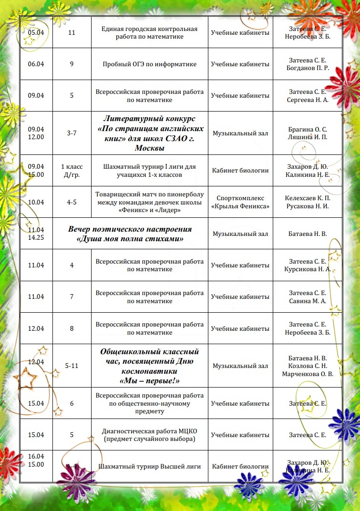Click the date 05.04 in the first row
[36, 32]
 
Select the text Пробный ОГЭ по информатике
[150, 64]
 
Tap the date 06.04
[36, 64]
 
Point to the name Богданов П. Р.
[308, 68]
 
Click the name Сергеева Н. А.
[308, 100]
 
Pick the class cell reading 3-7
[72, 133]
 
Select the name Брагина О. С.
[308, 129]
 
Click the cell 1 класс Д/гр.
[72, 170]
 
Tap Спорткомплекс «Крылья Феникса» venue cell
[240, 202]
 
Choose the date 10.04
[36, 202]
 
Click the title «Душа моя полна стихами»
[130, 238]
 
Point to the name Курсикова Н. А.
[308, 269]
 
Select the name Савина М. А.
[308, 301]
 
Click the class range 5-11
[72, 366]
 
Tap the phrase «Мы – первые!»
[150, 380]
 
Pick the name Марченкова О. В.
[308, 374]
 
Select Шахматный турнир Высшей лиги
[150, 466]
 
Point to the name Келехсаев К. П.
[308, 198]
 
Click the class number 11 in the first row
[72, 32]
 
